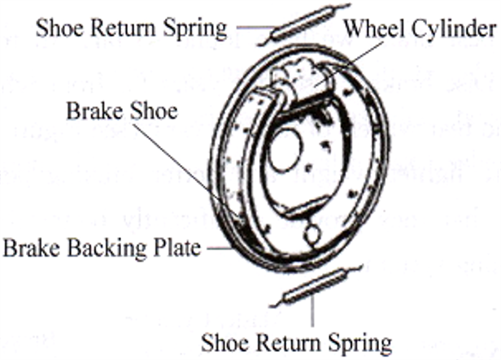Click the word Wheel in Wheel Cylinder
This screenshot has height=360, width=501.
click(x=371, y=29)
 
